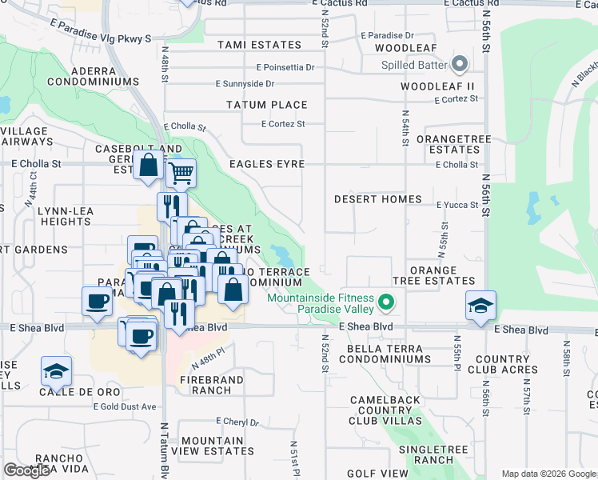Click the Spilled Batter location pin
(460, 63)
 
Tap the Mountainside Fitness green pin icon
(387, 303)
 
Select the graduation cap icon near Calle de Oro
(57, 370)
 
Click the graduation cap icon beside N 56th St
(481, 306)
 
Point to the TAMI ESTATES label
(259, 46)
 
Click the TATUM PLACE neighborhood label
(266, 105)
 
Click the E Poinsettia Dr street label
(285, 68)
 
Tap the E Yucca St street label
(457, 205)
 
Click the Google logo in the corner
(26, 470)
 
